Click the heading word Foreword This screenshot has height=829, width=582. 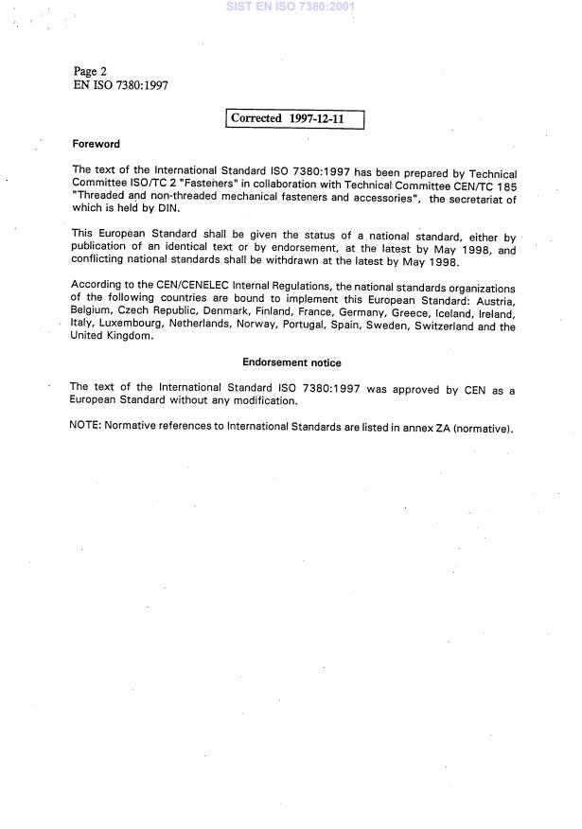(x=96, y=145)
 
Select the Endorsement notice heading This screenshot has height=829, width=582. (x=291, y=362)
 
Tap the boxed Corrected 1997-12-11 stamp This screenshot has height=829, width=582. (x=295, y=119)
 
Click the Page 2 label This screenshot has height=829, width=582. (x=90, y=71)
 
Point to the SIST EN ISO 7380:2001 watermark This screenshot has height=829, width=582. (x=291, y=7)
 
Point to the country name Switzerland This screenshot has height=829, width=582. (x=441, y=327)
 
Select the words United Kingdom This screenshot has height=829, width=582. (x=111, y=337)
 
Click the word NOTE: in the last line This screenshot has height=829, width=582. (x=85, y=426)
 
